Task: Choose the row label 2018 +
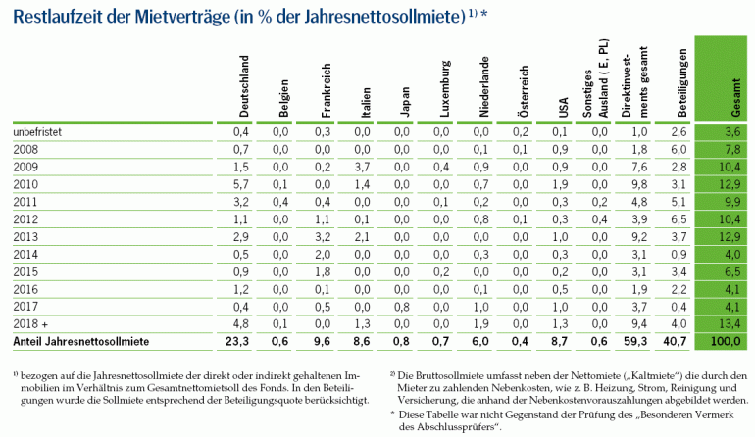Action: (x=33, y=322)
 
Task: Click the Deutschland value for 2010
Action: (x=243, y=184)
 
